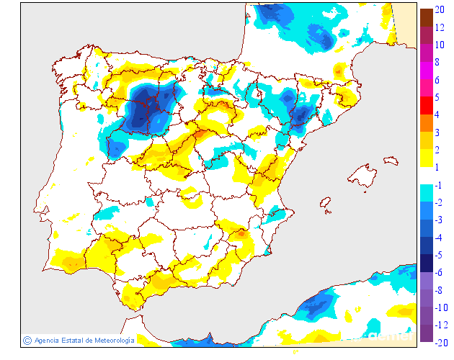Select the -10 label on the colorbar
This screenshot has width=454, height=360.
click(441, 307)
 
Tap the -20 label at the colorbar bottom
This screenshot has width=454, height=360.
click(441, 342)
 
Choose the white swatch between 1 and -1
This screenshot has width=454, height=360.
click(427, 176)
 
